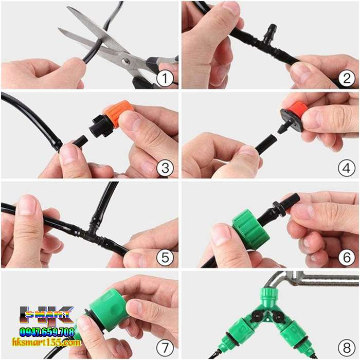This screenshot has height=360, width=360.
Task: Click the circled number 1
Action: coord(165,78)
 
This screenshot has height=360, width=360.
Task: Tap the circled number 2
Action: coord(347,78)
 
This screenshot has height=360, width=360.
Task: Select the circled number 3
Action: coord(165,168)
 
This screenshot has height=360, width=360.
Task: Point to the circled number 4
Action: coord(347,168)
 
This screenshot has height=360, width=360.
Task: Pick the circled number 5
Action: coord(165,257)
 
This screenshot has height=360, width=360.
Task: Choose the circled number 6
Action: coord(347,257)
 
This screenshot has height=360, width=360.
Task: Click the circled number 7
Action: coord(165,348)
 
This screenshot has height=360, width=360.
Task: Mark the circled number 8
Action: coord(347,348)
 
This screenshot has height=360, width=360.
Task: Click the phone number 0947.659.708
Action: coord(47,332)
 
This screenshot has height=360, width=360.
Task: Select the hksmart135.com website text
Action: coord(47,343)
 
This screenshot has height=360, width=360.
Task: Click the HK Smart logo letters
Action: coord(47,316)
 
